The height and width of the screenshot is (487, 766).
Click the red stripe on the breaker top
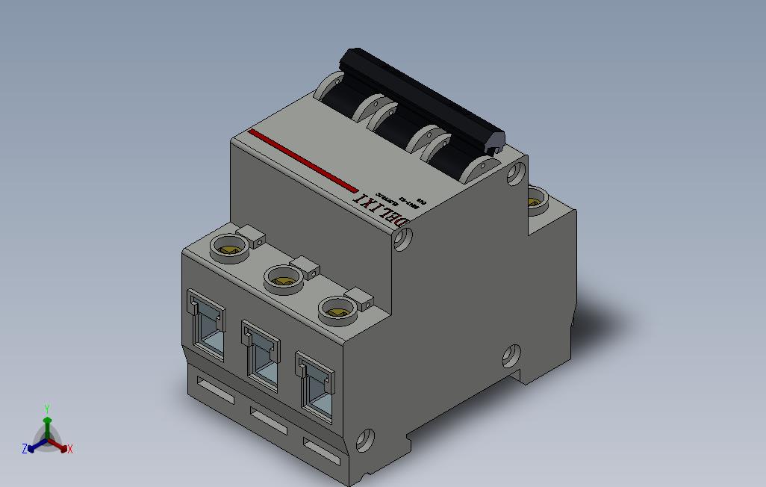pyautogui.click(x=302, y=160)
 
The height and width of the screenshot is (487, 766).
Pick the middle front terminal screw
pyautogui.click(x=284, y=279)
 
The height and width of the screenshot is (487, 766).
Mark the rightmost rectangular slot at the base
pyautogui.click(x=320, y=450)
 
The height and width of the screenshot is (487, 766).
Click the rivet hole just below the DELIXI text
pyautogui.click(x=403, y=239)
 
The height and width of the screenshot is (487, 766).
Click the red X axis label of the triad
pyautogui.click(x=69, y=449)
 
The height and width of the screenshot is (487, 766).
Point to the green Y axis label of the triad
pyautogui.click(x=46, y=409)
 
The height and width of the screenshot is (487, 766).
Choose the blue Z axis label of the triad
pyautogui.click(x=25, y=449)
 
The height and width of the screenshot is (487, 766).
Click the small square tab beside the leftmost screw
pyautogui.click(x=255, y=237)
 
